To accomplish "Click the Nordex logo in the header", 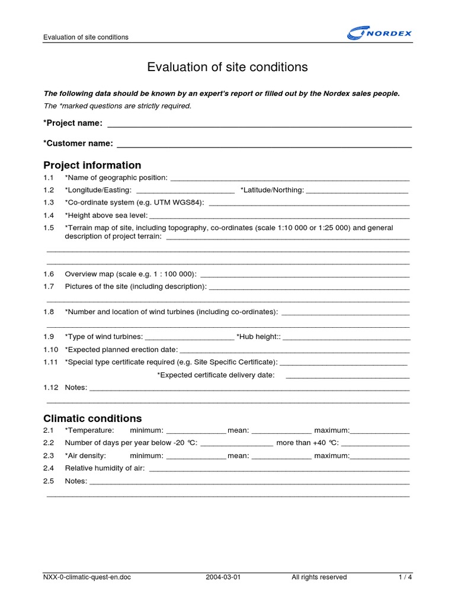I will point(379,33).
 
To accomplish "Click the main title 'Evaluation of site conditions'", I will point(227,67).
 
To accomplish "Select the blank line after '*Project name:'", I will point(259,124).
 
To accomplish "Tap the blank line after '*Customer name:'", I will point(264,144).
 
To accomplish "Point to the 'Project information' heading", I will point(92,165).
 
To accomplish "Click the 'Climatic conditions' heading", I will point(92,418).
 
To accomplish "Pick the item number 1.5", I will point(49,228).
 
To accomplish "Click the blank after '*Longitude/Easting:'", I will point(185,191).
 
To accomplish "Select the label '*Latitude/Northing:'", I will point(272,190).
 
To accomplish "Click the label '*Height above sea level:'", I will point(106,215).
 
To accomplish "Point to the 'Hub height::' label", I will point(258,337).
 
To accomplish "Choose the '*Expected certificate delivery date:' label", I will point(216,375).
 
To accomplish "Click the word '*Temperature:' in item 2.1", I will point(89,430).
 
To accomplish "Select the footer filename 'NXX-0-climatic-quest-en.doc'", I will point(87,577).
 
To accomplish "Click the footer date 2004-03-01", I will point(223,577).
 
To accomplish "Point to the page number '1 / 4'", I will point(405,577).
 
